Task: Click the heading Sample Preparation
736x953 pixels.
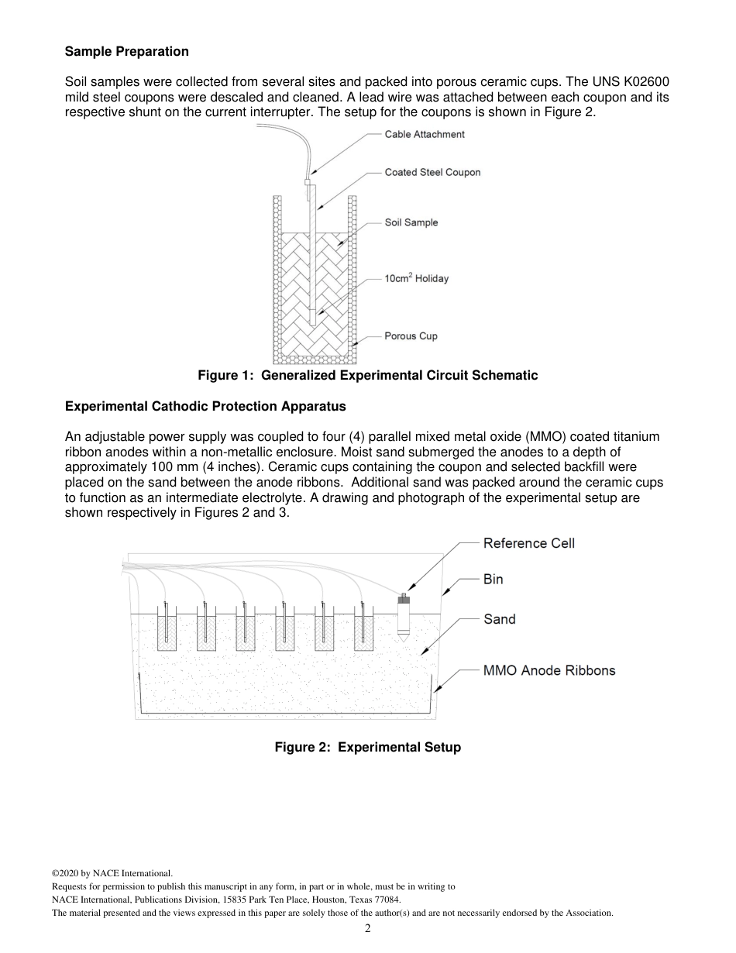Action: click(x=126, y=52)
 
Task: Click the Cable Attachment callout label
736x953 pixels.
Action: click(x=425, y=134)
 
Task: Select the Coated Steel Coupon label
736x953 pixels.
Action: click(x=432, y=172)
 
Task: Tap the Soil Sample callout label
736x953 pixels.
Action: click(x=411, y=222)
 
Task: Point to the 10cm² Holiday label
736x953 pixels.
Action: click(x=417, y=278)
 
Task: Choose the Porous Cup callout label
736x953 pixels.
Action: click(x=411, y=336)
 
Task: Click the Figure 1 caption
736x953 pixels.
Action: click(x=367, y=376)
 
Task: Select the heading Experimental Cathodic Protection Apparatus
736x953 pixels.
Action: click(x=205, y=406)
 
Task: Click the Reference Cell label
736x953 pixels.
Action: click(x=528, y=543)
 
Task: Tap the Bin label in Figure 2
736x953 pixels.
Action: click(x=493, y=579)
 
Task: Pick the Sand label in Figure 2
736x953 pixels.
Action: click(x=499, y=619)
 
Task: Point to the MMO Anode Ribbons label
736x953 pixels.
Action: click(x=549, y=670)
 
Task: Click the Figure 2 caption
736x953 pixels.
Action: click(x=367, y=748)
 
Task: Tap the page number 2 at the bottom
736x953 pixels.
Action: click(x=368, y=929)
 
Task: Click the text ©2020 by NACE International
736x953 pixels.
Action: click(x=112, y=873)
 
